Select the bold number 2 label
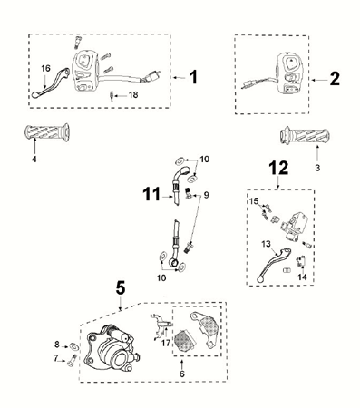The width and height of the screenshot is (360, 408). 335,79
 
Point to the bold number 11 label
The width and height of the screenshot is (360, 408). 151,191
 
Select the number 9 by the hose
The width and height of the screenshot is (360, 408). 205,194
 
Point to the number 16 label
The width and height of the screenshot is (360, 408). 45,68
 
